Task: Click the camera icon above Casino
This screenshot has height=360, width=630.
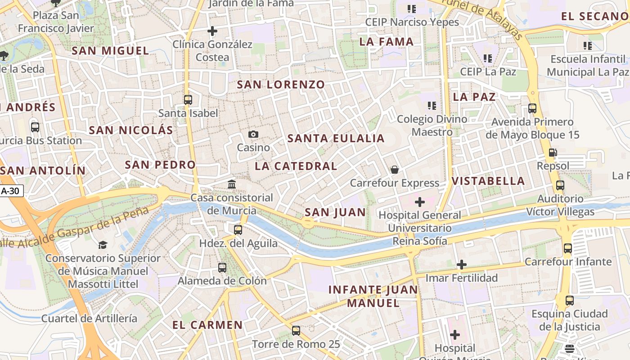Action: (253, 134)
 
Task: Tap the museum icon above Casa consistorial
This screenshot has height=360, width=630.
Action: (232, 184)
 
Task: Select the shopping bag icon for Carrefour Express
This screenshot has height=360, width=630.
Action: (395, 170)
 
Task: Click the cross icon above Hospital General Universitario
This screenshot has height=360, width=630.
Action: (419, 202)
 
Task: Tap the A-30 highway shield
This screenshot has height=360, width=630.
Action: (10, 191)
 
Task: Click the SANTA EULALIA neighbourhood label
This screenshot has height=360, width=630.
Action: (336, 139)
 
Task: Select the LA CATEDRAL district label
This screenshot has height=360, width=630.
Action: (296, 166)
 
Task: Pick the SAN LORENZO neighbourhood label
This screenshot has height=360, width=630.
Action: (281, 85)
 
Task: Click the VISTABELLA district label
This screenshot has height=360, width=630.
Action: (488, 181)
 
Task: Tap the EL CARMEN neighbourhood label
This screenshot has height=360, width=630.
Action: (207, 325)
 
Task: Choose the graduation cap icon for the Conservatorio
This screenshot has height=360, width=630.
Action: (103, 245)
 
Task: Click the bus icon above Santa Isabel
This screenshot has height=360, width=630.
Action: (188, 99)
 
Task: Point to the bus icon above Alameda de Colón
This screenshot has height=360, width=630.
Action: (222, 267)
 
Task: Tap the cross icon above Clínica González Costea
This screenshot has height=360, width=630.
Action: (212, 31)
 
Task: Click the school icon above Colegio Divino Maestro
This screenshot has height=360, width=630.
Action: (432, 106)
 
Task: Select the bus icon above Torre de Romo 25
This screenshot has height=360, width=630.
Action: (296, 331)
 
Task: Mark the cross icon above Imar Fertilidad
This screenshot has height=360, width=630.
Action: (462, 265)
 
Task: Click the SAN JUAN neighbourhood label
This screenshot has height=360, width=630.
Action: (335, 212)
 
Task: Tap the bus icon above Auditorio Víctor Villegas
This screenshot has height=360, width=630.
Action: (560, 185)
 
